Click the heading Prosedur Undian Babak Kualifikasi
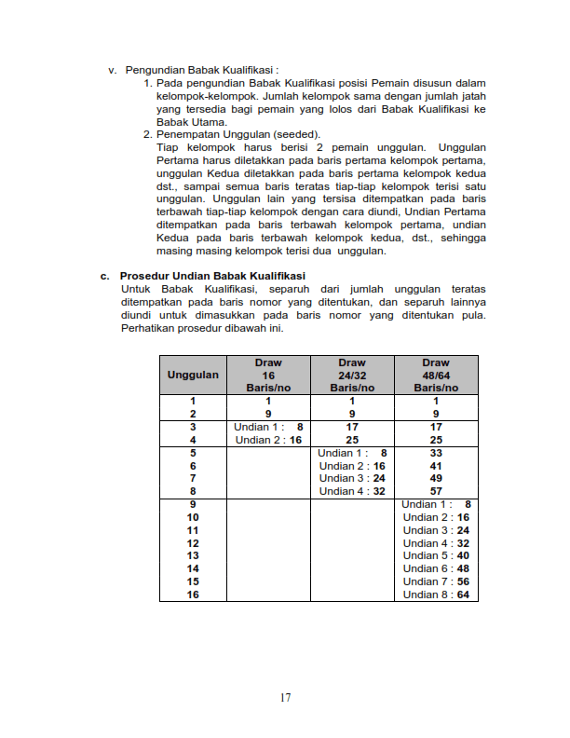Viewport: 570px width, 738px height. coord(213,276)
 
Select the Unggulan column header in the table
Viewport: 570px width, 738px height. coord(193,375)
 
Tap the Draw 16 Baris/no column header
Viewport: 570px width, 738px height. coord(268,375)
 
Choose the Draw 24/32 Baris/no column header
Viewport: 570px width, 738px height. coord(352,375)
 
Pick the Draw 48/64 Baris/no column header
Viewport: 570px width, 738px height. coord(435,375)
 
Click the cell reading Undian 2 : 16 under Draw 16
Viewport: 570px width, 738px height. coord(268,440)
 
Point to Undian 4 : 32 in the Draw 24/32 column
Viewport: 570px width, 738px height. coord(352,491)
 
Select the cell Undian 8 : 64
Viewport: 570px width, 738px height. coord(436,594)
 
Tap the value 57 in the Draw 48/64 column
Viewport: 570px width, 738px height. coord(435,491)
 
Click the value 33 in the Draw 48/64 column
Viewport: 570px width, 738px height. coord(435,453)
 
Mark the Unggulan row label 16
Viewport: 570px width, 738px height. coord(193,594)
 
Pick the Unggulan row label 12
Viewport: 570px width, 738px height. coord(193,543)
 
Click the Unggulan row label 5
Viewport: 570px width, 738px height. coord(193,453)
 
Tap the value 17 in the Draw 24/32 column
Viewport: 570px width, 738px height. coord(352,427)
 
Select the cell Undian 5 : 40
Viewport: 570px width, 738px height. coord(436,555)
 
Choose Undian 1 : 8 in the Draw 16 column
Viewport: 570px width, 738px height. coord(268,427)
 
